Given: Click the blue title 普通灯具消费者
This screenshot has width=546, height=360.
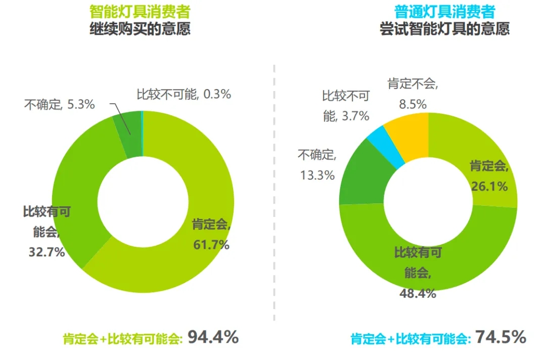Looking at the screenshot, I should [x=444, y=11].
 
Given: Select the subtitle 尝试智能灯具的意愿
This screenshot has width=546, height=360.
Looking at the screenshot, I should [x=444, y=28].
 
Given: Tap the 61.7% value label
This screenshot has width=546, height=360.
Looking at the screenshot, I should [x=211, y=245].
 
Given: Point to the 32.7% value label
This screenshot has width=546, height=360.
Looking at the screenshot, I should [x=46, y=252].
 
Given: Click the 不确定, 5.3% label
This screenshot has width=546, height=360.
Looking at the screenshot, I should [x=59, y=105].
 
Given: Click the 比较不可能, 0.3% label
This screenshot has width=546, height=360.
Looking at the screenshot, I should [x=184, y=94].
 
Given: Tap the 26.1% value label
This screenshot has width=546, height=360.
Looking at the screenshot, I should [x=489, y=187].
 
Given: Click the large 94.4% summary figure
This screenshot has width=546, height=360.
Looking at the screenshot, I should [x=213, y=337].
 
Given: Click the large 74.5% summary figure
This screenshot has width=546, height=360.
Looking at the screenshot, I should [x=500, y=337].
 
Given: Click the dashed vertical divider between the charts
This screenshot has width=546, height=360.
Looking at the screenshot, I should [x=274, y=192].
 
